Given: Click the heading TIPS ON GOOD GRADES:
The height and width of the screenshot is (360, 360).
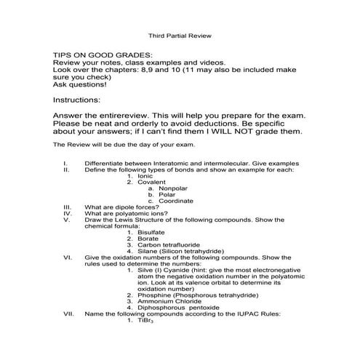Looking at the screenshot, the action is tap(103, 55).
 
